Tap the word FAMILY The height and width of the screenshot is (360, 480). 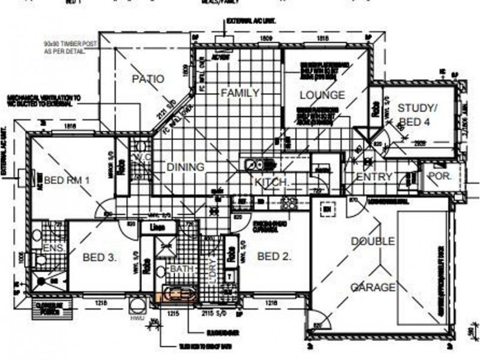pyautogui.click(x=239, y=93)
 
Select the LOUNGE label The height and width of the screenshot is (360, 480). pyautogui.click(x=322, y=95)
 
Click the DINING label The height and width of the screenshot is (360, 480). pyautogui.click(x=185, y=167)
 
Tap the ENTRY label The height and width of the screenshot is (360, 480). pyautogui.click(x=373, y=177)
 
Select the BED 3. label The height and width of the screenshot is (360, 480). pyautogui.click(x=99, y=257)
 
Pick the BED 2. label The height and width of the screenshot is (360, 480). pyautogui.click(x=274, y=256)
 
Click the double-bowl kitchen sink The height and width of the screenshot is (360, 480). pyautogui.click(x=254, y=163)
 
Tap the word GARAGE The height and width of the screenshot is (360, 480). pyautogui.click(x=373, y=287)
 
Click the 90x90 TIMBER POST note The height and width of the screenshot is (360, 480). pyautogui.click(x=65, y=48)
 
